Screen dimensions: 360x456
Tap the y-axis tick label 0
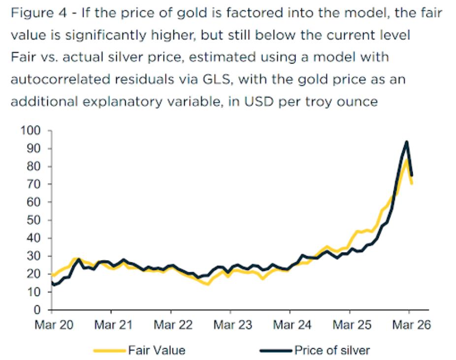37,310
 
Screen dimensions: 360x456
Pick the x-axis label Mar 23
230,326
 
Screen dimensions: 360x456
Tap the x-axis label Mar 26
410,326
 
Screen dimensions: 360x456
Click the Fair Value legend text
157,351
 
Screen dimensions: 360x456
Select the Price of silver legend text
332,351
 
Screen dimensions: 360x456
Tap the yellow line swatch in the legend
110,351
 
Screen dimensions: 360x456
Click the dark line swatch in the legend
276,351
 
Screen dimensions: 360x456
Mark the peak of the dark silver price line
407,142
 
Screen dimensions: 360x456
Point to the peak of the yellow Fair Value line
406,159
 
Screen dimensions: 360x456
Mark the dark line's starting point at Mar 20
52,283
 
